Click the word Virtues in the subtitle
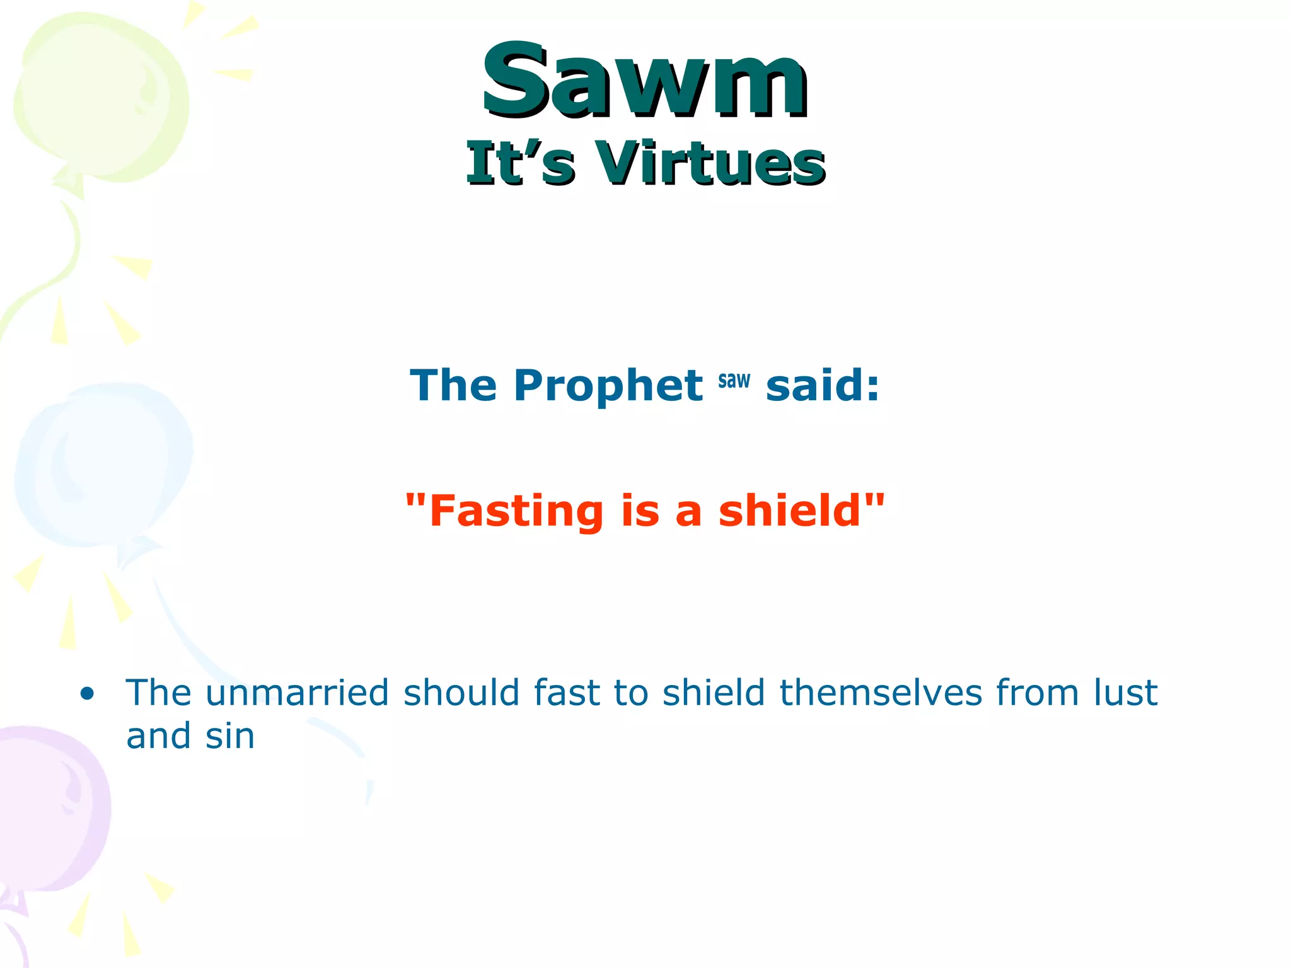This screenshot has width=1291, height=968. [x=710, y=164]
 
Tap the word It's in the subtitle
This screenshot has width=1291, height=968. [x=520, y=164]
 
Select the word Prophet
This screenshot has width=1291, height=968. [x=608, y=386]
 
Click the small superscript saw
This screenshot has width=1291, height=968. [x=734, y=381]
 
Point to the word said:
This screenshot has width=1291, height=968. [x=822, y=386]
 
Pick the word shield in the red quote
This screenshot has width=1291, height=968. [x=790, y=510]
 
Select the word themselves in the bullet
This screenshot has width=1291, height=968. [x=880, y=693]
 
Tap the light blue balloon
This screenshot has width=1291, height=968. [x=104, y=466]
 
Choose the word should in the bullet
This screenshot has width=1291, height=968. [x=461, y=693]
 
